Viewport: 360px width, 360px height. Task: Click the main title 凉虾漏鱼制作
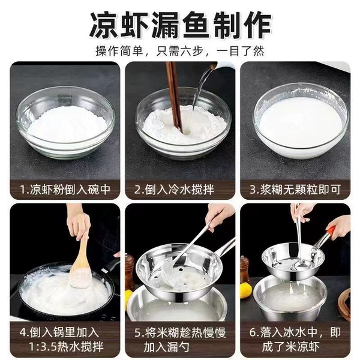[181, 25]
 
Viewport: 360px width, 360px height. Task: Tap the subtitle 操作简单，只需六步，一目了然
[180, 51]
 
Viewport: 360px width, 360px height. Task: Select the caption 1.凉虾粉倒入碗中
[65, 190]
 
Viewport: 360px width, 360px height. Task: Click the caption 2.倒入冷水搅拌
[174, 190]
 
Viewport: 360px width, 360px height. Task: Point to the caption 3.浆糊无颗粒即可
[295, 190]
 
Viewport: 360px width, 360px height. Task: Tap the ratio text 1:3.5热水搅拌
[67, 346]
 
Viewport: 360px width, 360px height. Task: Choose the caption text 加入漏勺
[166, 347]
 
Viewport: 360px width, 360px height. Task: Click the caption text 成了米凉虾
[290, 347]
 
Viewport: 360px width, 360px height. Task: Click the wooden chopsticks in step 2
[175, 97]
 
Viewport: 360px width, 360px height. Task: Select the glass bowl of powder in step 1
[65, 123]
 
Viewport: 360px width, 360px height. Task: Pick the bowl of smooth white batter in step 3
[301, 121]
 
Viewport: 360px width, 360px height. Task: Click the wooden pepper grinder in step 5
[130, 272]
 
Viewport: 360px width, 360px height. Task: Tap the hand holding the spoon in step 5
[218, 216]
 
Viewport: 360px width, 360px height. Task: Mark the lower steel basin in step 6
[290, 298]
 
